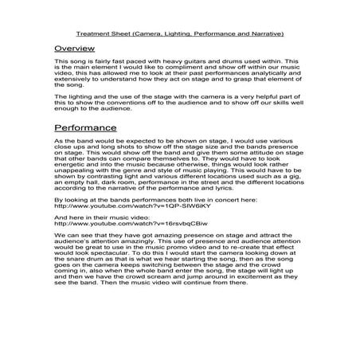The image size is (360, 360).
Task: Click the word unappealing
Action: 76,172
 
